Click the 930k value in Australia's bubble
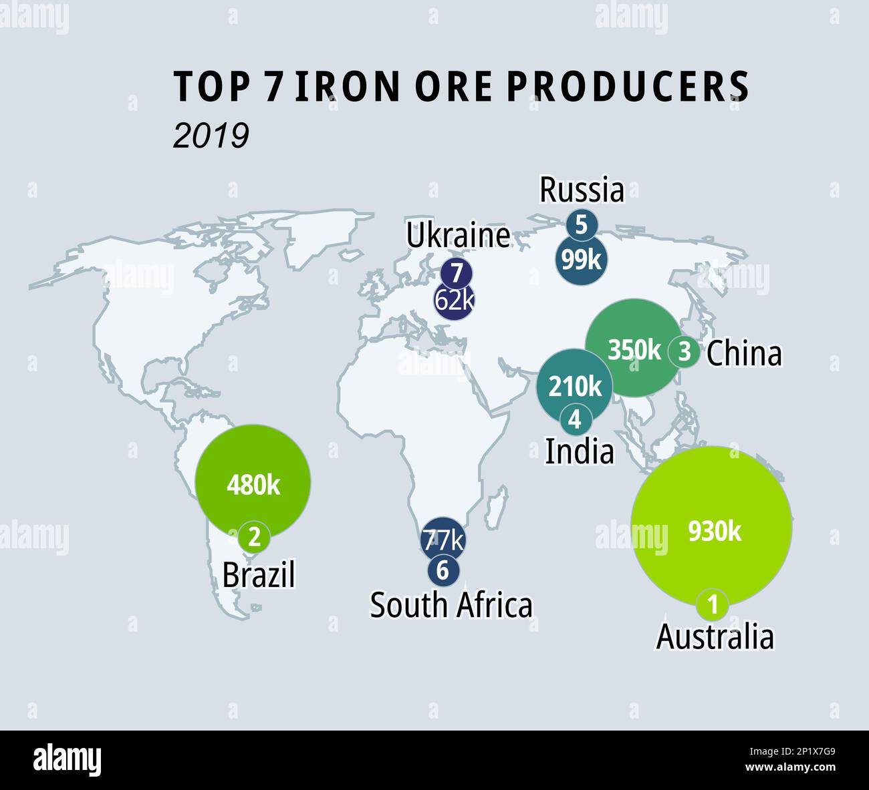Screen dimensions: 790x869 point(715,532)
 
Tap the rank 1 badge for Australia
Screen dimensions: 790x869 point(713,605)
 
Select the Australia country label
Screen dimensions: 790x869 point(715,636)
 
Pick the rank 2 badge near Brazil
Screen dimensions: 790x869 point(254,536)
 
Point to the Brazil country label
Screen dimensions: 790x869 point(258,575)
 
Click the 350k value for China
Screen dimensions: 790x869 point(634,349)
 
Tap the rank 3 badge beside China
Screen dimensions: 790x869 point(684,351)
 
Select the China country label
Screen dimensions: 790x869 point(743,353)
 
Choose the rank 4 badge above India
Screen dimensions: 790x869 point(575,420)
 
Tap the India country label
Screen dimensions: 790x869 point(579,452)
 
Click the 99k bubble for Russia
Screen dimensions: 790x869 point(581,259)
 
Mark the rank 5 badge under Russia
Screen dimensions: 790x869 point(581,225)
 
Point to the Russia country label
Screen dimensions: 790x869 point(582,190)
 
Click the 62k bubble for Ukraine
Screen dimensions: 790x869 point(454,301)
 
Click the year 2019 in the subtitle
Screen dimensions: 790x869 point(211,136)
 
